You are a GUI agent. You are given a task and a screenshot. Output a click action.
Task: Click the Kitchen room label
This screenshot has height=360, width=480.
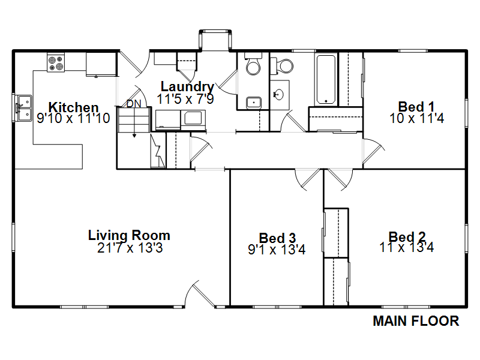[73, 107]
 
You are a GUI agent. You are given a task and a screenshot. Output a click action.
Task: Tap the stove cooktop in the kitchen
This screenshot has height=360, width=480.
[56, 63]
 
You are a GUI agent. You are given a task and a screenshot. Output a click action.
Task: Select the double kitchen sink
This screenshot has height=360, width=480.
[24, 108]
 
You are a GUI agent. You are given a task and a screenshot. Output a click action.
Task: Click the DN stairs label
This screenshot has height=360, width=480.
[134, 104]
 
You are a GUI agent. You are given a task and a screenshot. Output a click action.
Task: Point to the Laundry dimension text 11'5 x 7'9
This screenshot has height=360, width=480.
[185, 99]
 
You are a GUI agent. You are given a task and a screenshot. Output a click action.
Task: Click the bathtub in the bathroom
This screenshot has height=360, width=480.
[326, 80]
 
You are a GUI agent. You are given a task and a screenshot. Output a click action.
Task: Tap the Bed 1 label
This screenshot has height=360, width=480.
[416, 107]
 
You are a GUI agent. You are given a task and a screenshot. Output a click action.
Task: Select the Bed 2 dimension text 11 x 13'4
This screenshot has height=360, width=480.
[407, 247]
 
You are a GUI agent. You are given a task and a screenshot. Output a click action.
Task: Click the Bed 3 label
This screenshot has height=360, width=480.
[277, 238]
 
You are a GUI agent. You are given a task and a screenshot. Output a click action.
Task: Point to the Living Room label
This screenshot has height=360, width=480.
[129, 235]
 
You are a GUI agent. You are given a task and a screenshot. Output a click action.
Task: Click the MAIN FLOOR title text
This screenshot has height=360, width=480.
[416, 321]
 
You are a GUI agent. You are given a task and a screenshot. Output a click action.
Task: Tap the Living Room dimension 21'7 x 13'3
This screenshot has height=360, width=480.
[130, 248]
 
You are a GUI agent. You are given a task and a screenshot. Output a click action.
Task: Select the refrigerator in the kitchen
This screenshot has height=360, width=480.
[101, 64]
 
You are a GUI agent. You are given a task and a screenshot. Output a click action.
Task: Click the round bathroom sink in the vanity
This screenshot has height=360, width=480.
[279, 94]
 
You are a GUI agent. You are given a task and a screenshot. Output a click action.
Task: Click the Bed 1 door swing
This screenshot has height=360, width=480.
[373, 151]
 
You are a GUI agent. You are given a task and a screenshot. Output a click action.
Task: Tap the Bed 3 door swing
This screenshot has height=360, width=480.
[307, 179]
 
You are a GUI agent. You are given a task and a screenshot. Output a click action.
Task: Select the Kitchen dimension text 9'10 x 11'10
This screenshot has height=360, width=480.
[73, 118]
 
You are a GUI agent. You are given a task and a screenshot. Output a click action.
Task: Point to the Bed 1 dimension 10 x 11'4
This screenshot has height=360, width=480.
[416, 118]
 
